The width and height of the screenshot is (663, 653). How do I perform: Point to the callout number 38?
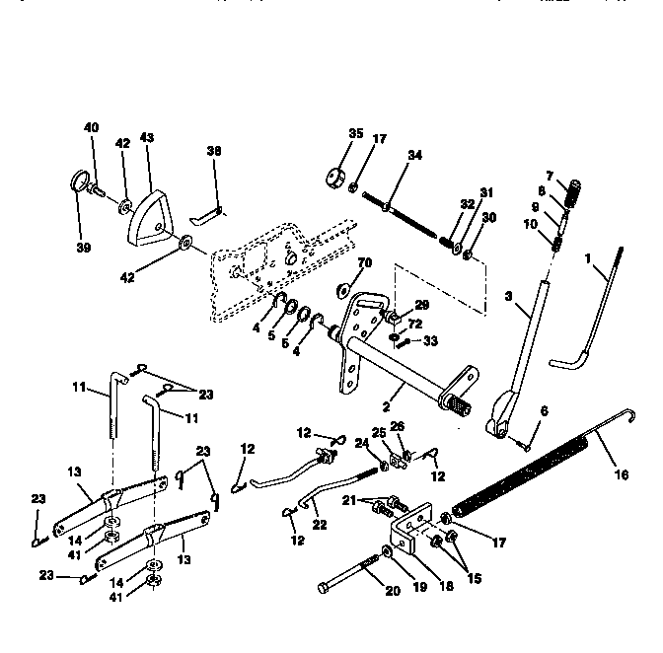coord(214,151)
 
